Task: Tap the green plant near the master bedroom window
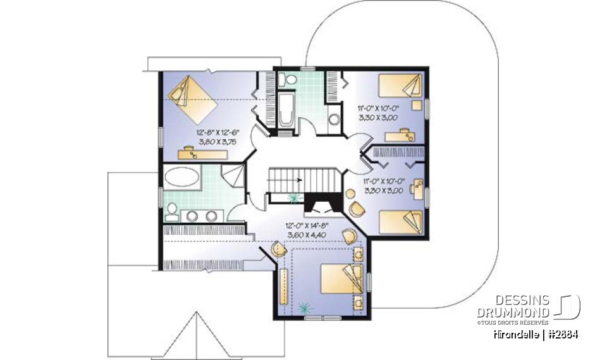pos(307,308)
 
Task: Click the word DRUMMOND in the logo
pos(513,313)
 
